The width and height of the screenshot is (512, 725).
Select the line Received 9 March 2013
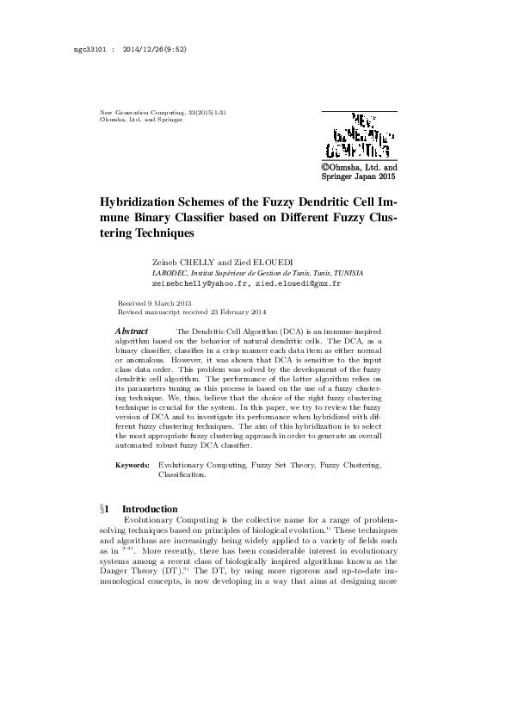pyautogui.click(x=154, y=304)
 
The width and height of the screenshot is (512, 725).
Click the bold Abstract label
pyautogui.click(x=132, y=332)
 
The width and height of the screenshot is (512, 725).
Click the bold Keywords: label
pyautogui.click(x=133, y=465)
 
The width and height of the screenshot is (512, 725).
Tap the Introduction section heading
pyautogui.click(x=150, y=509)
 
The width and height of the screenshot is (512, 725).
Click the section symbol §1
pyautogui.click(x=108, y=509)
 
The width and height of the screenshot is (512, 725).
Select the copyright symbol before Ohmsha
pyautogui.click(x=327, y=167)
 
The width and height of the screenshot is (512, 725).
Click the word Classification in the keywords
pyautogui.click(x=188, y=474)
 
